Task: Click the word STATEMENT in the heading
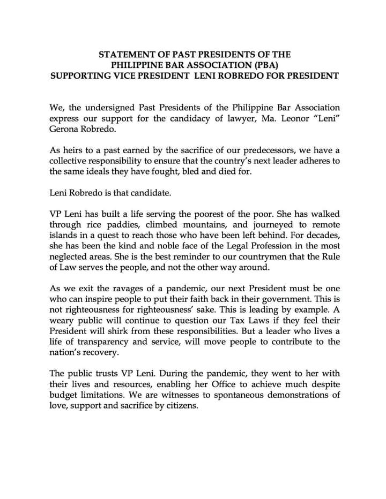coord(125,55)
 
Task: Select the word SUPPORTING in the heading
coord(82,76)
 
